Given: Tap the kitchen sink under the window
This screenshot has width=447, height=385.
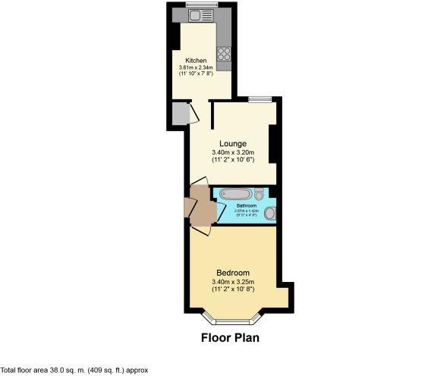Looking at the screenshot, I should click(200, 15).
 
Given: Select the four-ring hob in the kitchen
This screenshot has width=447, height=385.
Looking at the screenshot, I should click(225, 53).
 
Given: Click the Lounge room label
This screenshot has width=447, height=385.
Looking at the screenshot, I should click(232, 143).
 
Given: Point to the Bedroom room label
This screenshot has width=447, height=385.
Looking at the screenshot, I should click(232, 273).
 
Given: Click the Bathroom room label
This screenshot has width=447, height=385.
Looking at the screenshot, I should click(246, 206).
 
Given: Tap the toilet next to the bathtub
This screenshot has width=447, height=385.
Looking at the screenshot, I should click(259, 192).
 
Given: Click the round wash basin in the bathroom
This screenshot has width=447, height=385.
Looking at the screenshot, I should click(269, 213).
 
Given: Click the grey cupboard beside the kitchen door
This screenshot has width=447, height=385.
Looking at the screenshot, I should click(179, 113).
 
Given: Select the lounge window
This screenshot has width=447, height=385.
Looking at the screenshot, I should click(260, 99).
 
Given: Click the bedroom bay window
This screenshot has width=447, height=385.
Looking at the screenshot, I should click(233, 312).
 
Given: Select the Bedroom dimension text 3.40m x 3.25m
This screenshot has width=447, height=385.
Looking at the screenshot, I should click(232, 282).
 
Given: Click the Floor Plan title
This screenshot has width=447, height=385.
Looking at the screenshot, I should click(230, 338).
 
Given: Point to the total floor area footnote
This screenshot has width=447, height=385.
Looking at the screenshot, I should click(74, 371).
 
